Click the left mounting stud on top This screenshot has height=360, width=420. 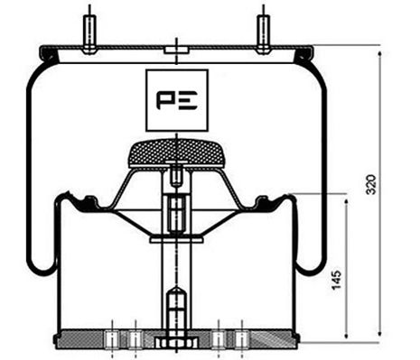(89, 32)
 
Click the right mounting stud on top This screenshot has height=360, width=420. (263, 32)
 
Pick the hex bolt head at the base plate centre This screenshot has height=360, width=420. (174, 344)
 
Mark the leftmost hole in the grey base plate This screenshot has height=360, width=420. (112, 339)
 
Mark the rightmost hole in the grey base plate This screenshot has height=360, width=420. (242, 339)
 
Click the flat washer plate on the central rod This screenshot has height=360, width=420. (176, 239)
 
